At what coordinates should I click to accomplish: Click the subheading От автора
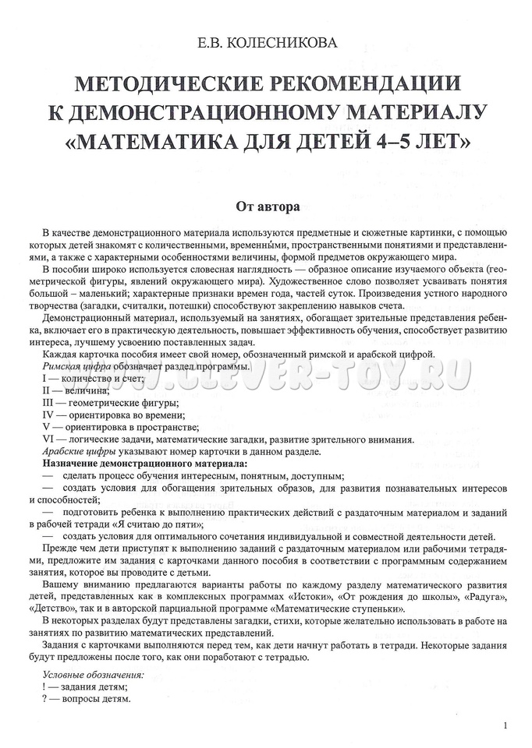(265, 207)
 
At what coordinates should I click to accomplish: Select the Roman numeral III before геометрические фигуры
(49, 402)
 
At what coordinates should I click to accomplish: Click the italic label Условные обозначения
(93, 674)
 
